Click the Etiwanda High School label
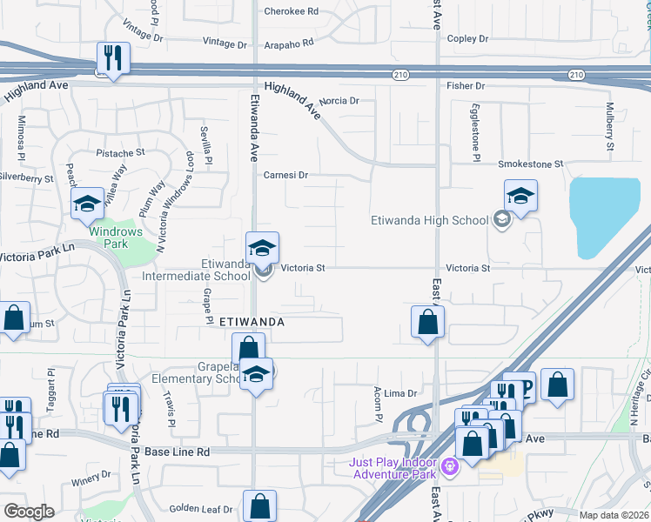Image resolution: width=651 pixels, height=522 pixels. coord(429,220)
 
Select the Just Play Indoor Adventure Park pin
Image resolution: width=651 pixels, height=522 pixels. coord(449,466)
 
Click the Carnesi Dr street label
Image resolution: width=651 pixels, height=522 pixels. coord(286,175)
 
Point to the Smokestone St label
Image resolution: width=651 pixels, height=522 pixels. coord(531,164)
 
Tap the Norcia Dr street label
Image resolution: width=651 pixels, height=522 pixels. coord(339,102)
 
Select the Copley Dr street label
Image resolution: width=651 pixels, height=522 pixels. coord(467,39)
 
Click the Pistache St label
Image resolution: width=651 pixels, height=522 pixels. coord(120,153)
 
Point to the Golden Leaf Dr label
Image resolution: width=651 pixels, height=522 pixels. coord(201,509)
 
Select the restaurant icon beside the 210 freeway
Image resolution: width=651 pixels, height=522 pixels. coord(113,59)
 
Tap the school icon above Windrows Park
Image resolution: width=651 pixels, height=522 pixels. coord(87,204)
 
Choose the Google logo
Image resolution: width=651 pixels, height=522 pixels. coord(30,512)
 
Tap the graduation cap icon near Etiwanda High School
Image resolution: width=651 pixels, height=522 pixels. coord(520,197)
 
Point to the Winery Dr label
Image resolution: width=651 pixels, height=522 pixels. coord(92,479)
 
